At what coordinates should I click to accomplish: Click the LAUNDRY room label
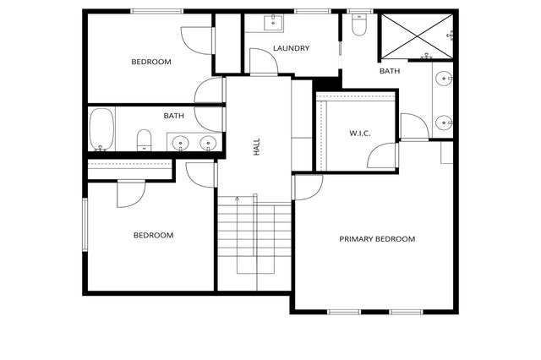pyautogui.click(x=291, y=48)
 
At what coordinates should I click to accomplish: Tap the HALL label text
pyautogui.click(x=256, y=148)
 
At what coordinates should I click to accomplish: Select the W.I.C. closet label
pyautogui.click(x=360, y=134)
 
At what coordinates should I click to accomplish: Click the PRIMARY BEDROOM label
pyautogui.click(x=377, y=239)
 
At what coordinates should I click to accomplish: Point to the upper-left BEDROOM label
pyautogui.click(x=151, y=62)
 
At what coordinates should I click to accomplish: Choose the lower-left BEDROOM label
pyautogui.click(x=153, y=235)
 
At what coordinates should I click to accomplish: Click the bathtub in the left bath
pyautogui.click(x=101, y=129)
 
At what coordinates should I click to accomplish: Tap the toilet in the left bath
pyautogui.click(x=144, y=139)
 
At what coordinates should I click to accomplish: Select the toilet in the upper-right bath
pyautogui.click(x=358, y=27)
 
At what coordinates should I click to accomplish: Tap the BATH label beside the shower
pyautogui.click(x=390, y=71)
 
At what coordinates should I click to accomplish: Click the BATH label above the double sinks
pyautogui.click(x=174, y=116)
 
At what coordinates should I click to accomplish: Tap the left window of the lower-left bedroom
pyautogui.click(x=84, y=224)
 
